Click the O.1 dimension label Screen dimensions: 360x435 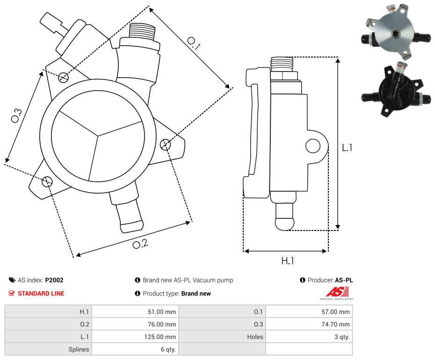pos(194,43)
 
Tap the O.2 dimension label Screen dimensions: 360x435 pos(140,244)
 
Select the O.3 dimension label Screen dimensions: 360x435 pos(16,115)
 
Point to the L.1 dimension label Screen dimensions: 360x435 pos(347,148)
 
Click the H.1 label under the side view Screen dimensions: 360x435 pos(287,261)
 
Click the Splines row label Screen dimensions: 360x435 pos(79,349)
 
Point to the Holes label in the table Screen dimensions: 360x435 pos(255,337)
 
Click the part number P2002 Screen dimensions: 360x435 pos(54,281)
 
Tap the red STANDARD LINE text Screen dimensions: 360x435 pos(41,294)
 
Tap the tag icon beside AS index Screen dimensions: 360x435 pos(12,281)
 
